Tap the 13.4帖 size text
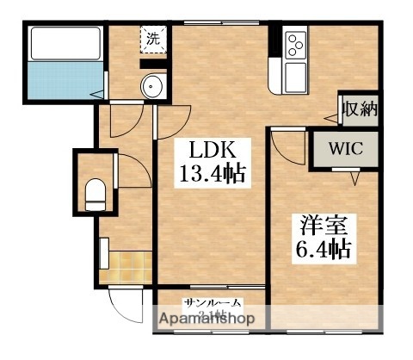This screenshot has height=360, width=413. click(x=212, y=174)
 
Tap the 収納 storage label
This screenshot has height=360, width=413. click(x=357, y=110)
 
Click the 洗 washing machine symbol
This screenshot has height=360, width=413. click(x=152, y=39)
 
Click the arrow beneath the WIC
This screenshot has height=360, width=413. click(x=354, y=178)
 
